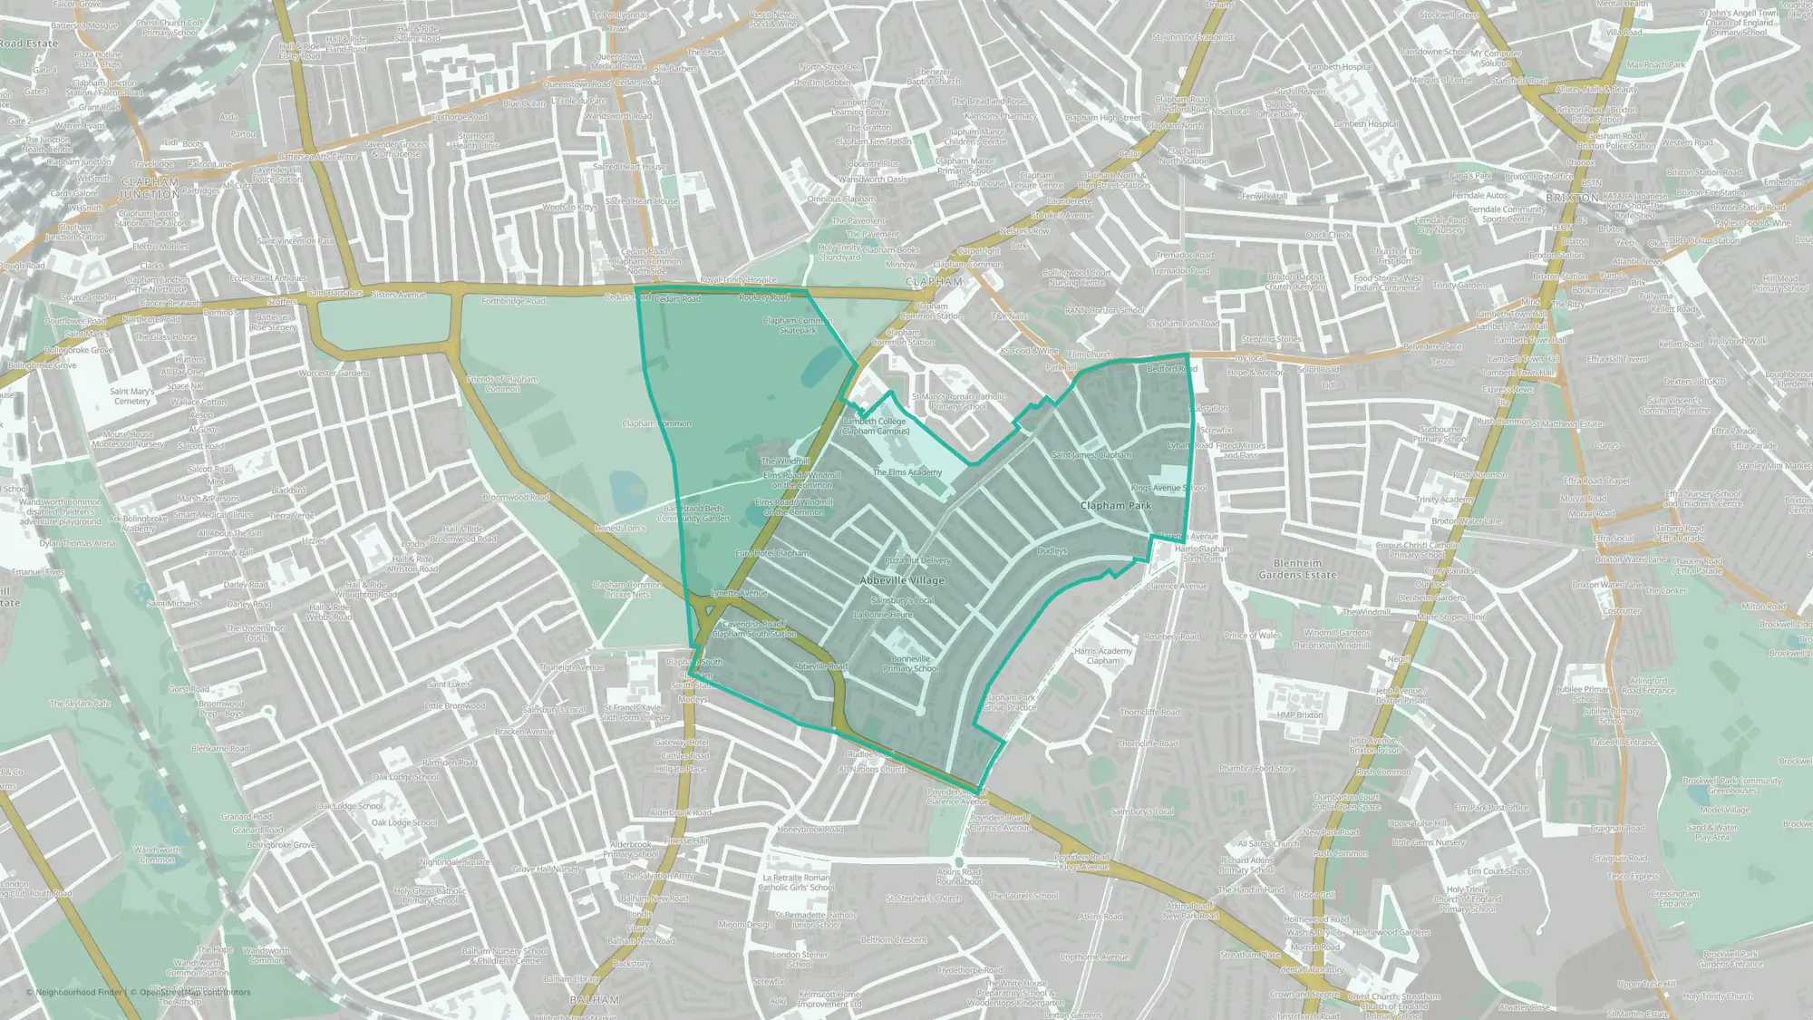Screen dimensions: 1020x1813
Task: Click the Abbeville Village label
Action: [902, 580]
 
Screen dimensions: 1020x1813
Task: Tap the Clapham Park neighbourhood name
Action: [1115, 506]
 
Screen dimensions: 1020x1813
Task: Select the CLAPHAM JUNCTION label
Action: [150, 189]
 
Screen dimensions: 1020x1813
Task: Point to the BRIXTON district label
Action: [1572, 198]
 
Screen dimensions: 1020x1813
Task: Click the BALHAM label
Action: [594, 1000]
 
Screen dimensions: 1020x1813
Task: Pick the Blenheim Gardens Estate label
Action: [1297, 568]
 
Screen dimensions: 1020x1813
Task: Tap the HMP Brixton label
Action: [1300, 715]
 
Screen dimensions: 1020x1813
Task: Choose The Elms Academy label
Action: [907, 472]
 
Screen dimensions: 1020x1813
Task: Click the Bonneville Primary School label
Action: [910, 664]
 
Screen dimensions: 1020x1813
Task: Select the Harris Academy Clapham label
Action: [1103, 656]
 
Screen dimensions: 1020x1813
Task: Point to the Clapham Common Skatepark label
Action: [798, 325]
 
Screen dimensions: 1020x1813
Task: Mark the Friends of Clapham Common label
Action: [502, 384]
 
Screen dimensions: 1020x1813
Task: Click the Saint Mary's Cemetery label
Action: [132, 396]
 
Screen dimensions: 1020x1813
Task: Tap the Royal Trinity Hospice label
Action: [738, 281]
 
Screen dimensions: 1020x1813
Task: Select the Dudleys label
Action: [1052, 550]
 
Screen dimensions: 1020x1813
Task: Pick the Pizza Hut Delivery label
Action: [917, 561]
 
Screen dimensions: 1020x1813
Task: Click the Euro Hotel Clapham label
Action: [771, 553]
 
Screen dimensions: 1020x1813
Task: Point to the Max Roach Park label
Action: [1655, 65]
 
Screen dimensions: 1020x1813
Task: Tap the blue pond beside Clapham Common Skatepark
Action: [818, 364]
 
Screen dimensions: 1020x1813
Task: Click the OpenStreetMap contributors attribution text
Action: [195, 992]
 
